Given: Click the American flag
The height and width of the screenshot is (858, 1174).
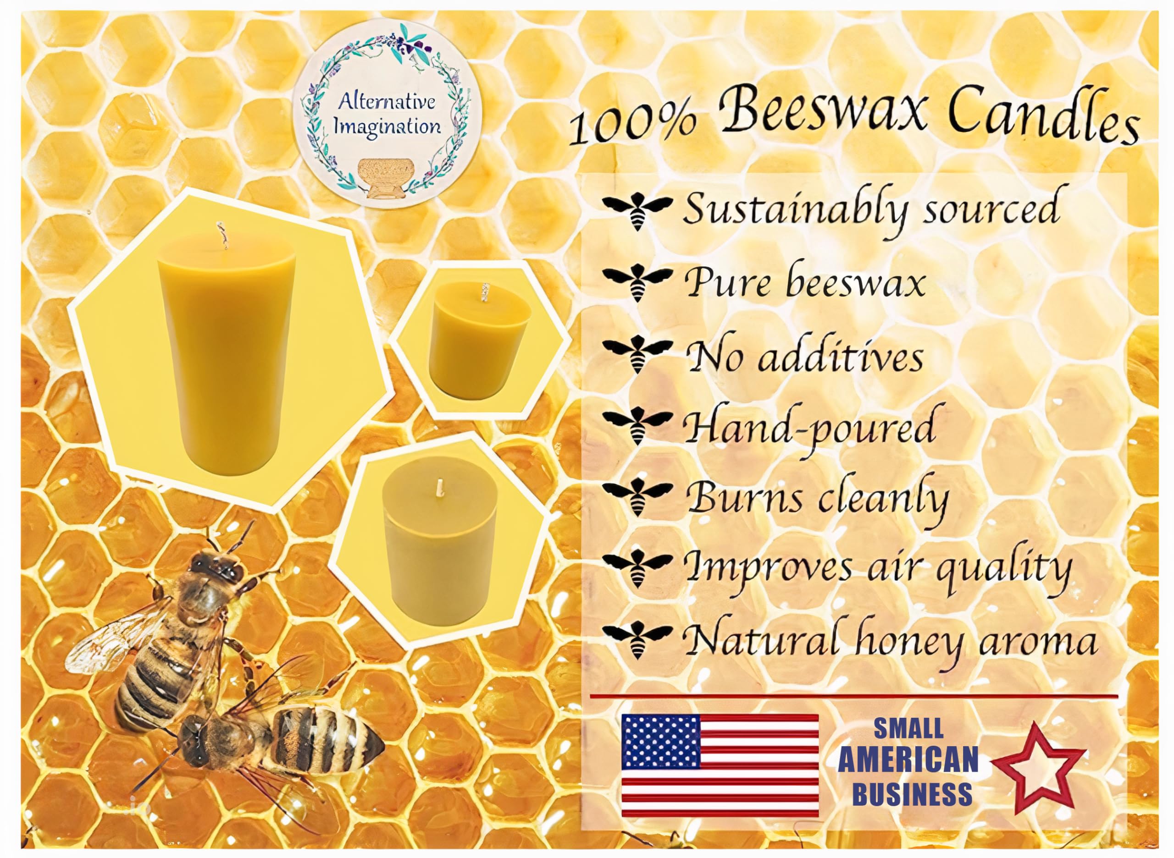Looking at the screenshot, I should click(x=720, y=765).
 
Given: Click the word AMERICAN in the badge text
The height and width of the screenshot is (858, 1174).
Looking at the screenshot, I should click(x=908, y=759).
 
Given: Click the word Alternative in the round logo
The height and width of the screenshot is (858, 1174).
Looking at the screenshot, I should click(x=387, y=101).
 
